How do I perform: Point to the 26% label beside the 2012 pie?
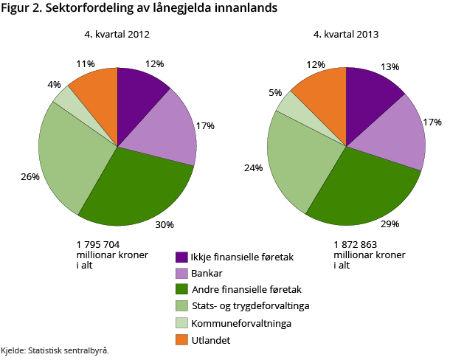coord(30,177)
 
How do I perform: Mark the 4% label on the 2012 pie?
coord(54,85)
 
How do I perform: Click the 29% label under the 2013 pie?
coord(390,224)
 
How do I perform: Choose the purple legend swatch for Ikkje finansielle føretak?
coord(181,257)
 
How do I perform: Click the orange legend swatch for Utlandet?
coord(181,339)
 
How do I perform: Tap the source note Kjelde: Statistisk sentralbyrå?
coord(55,350)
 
